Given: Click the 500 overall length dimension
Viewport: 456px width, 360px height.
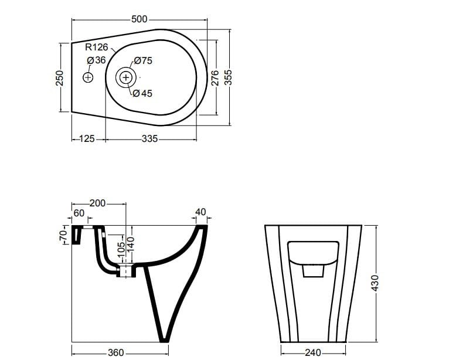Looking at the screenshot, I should [x=139, y=19].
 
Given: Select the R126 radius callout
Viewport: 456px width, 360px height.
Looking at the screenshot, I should [x=96, y=47].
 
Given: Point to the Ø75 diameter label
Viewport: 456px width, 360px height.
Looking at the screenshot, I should [x=142, y=60].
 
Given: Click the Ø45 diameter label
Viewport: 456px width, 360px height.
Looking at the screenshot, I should [x=142, y=93].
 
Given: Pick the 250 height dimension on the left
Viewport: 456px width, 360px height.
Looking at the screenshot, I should [x=59, y=77].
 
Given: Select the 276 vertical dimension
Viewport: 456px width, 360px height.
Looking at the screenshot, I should [x=215, y=77].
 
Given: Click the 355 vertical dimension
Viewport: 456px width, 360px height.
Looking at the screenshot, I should [x=229, y=77].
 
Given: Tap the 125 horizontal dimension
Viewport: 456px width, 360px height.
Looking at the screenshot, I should [x=87, y=139].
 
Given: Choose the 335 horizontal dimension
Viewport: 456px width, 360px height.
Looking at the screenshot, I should [x=150, y=139].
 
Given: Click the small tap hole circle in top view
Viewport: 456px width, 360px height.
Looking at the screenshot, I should [x=88, y=77].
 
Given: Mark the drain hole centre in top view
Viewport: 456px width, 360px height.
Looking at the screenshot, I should [x=125, y=77].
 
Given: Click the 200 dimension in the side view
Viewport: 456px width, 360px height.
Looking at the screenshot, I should [x=97, y=203].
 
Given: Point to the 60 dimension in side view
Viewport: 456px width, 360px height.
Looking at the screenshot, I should [x=79, y=213].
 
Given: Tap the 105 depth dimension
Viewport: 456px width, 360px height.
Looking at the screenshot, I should [x=121, y=248].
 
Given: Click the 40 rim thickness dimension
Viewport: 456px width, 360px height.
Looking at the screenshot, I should [x=200, y=212].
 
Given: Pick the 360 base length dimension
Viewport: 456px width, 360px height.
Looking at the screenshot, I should [x=116, y=353].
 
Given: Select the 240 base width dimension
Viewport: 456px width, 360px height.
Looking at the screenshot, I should [x=313, y=353].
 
